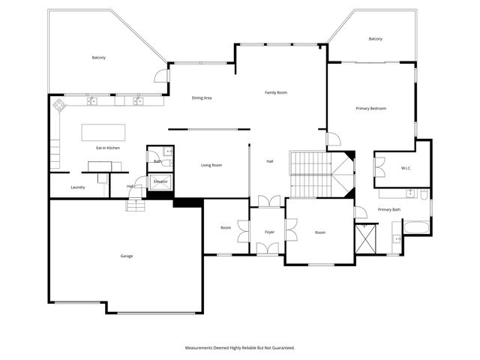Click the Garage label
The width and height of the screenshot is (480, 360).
pos(127,256)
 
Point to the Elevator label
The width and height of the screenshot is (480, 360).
pos(160,181)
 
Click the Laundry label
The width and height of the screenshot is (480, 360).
pos(77,187)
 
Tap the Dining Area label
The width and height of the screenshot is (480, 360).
pos(202,97)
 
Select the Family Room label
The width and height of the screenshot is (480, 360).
pos(276,92)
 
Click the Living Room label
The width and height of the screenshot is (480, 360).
pos(211,165)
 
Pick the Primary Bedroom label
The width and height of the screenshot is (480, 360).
pos(370,109)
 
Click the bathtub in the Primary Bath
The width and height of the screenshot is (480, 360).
pos(416,226)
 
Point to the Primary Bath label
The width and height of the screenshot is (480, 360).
pos(389,209)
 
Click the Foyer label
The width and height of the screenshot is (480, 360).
pos(269,232)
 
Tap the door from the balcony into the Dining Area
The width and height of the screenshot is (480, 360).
pos(161,75)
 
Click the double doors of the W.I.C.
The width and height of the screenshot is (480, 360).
pos(380,166)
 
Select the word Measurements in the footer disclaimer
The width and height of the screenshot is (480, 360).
pos(202,348)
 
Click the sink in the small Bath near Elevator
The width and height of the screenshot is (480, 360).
pos(168,152)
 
